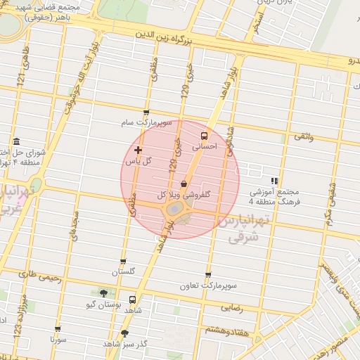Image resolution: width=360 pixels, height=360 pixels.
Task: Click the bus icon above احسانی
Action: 204,136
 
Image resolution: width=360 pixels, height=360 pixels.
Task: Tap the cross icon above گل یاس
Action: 138,150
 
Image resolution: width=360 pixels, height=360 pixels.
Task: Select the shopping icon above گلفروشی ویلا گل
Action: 184,184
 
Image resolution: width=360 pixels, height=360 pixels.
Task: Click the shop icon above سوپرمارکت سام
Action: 146,112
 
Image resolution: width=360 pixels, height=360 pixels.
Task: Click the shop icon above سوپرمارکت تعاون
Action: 207,275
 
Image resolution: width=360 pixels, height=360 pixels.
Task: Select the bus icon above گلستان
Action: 124,262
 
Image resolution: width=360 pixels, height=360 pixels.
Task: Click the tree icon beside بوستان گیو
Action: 104,293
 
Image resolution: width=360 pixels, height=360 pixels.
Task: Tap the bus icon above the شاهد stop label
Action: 132,299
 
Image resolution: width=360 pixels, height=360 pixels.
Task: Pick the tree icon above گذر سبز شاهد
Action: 125,333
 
